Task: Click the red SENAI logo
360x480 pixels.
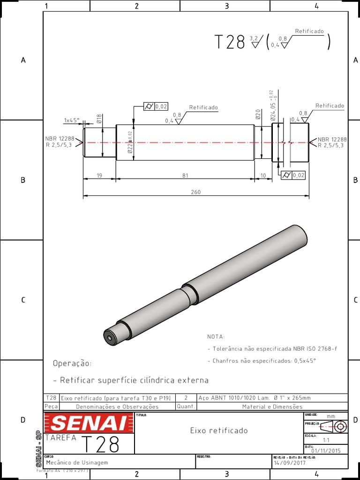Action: click(88, 423)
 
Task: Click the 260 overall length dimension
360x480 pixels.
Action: click(195, 192)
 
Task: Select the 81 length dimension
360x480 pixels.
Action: click(185, 175)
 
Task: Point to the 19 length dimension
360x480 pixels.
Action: click(99, 175)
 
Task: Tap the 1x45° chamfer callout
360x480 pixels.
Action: click(72, 120)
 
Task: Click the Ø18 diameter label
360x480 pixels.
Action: click(99, 119)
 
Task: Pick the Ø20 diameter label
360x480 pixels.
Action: click(258, 114)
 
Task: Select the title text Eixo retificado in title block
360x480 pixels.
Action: click(218, 430)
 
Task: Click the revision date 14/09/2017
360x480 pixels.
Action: click(289, 463)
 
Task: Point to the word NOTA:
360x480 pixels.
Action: click(216, 337)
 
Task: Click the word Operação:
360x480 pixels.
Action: click(72, 364)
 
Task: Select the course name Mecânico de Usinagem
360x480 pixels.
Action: click(77, 463)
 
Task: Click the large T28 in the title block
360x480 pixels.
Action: click(100, 444)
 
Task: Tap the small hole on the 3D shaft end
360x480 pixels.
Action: click(109, 337)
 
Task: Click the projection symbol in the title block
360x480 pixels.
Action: click(334, 426)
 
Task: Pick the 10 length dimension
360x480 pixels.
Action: click(263, 175)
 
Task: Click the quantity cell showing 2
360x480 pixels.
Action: click(186, 398)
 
